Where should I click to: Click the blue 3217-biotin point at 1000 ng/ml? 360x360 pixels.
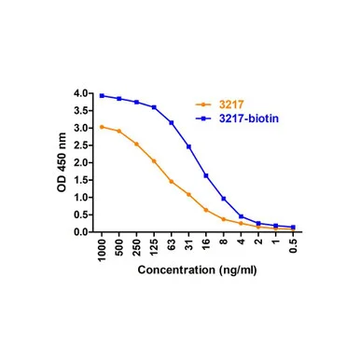[x=102, y=96]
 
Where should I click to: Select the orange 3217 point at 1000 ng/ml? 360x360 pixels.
[x=102, y=127]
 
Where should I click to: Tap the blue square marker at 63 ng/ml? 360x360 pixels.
[x=172, y=122]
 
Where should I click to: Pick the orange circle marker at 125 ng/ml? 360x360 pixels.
[x=154, y=161]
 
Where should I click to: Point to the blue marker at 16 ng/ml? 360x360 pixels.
[x=206, y=175]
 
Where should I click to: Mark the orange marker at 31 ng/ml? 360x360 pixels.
[x=188, y=194]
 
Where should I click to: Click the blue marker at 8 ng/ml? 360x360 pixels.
[x=224, y=199]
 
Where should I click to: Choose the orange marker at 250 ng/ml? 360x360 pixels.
[x=136, y=144]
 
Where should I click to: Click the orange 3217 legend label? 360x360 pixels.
[x=231, y=104]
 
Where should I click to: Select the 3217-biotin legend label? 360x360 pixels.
[x=249, y=118]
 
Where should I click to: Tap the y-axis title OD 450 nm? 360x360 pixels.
[x=62, y=162]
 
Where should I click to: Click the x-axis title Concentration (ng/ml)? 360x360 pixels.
[x=198, y=270]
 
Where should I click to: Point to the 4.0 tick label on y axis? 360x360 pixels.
[x=81, y=93]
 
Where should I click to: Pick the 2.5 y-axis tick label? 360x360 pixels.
[x=81, y=145]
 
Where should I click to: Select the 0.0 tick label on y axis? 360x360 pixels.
[x=81, y=232]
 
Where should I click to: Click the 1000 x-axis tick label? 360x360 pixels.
[x=102, y=250]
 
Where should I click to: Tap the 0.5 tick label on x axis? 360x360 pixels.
[x=293, y=246]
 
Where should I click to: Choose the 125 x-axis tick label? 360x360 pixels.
[x=154, y=248]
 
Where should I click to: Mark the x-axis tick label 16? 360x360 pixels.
[x=206, y=244]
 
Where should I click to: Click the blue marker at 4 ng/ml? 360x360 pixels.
[x=241, y=216]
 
